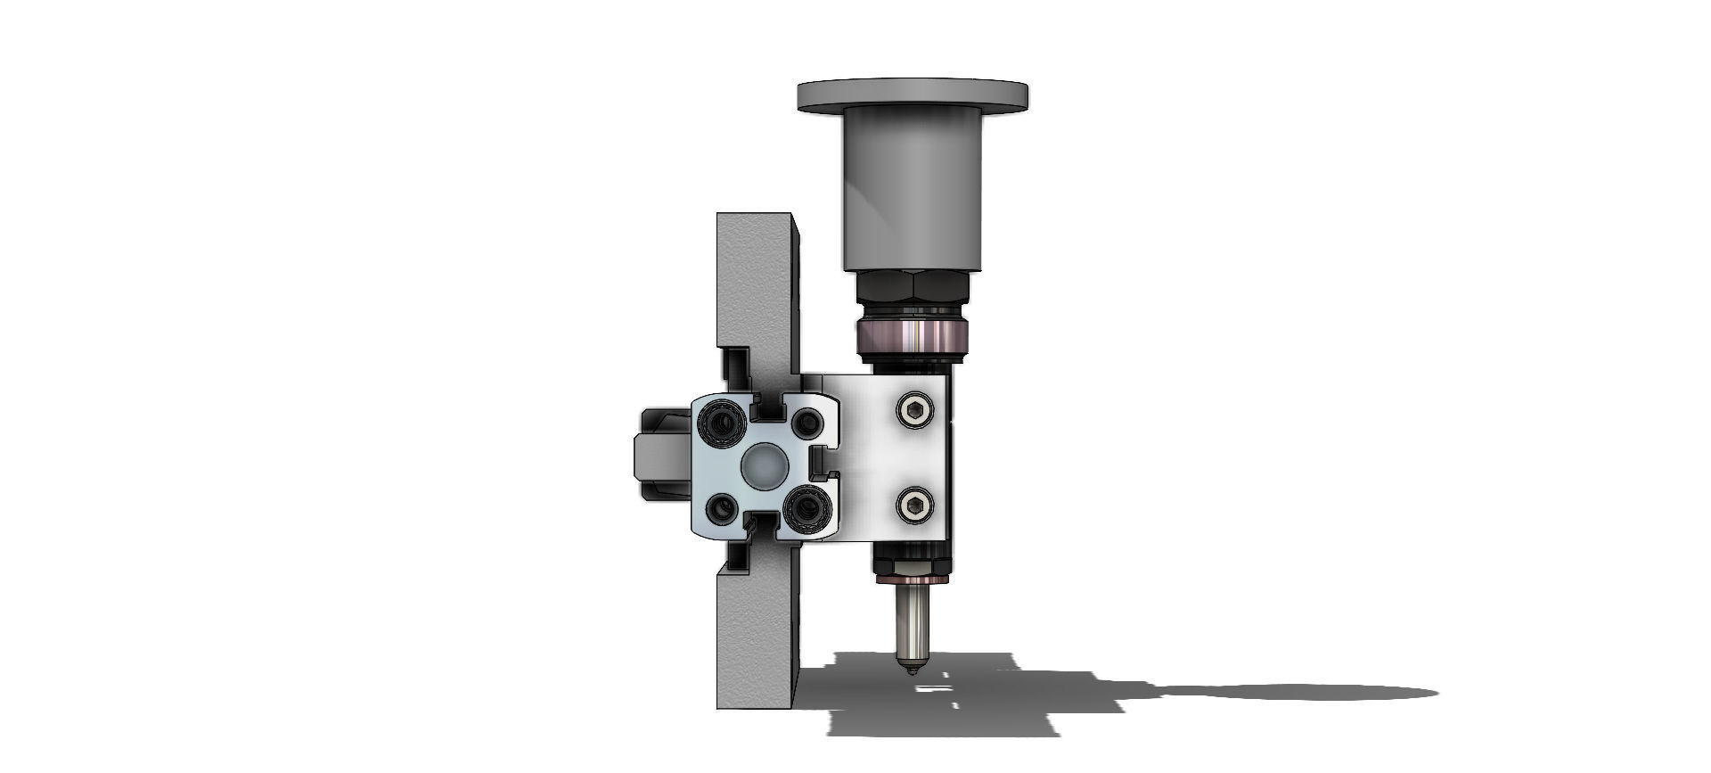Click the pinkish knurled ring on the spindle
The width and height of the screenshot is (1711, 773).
point(913,340)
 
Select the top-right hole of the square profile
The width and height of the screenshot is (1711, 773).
point(807,420)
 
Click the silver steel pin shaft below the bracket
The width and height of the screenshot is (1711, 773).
point(912,624)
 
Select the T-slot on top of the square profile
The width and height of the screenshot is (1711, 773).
point(764,410)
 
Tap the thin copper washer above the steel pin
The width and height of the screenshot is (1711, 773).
point(912,581)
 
